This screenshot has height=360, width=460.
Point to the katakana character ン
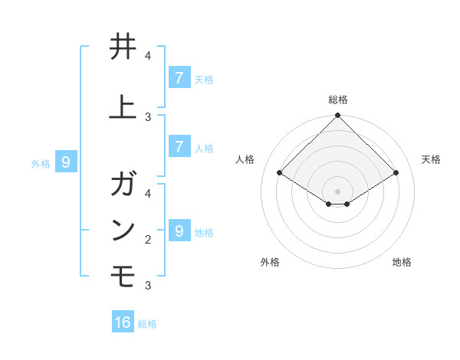coord(123,229)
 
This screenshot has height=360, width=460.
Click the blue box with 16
coord(123,322)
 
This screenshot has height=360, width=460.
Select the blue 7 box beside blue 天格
coord(179,77)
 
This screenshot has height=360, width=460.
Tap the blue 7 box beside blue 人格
coord(179,147)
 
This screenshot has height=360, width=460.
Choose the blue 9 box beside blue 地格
coord(179,231)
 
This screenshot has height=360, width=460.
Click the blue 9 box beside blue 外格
coord(66,162)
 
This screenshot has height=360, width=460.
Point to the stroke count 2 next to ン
coord(148,240)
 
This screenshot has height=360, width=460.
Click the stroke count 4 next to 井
coord(148,56)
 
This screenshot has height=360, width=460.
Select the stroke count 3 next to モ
coord(148,286)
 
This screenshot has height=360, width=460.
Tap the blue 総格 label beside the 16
coord(147,324)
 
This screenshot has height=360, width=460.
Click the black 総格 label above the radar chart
coord(338,100)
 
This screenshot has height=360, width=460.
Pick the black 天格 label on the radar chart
coord(431,159)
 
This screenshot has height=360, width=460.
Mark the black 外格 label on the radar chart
coord(270,262)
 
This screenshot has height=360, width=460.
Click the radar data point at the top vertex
coord(338,116)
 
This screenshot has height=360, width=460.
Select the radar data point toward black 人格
coord(280,173)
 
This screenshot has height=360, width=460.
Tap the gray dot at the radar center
coord(338,191)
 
